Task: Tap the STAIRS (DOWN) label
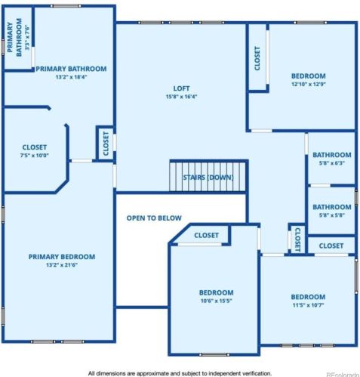208,178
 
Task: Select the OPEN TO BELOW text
154,218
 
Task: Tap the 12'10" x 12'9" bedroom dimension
308,85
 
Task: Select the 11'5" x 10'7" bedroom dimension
308,306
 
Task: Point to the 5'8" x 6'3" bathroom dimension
332,163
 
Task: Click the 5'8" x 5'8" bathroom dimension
332,215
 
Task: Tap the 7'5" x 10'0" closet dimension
35,156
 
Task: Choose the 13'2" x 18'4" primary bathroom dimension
70,77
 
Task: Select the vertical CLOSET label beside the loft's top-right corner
257,58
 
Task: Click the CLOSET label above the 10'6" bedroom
206,236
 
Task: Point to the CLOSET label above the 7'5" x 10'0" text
35,147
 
